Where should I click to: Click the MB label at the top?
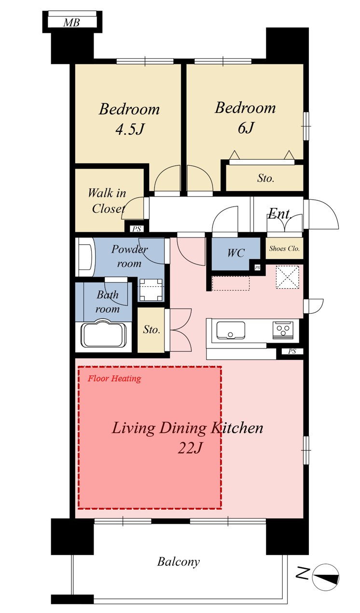point(71,22)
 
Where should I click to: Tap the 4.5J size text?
point(130,129)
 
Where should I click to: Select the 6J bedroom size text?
point(246,127)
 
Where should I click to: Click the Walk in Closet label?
point(107,201)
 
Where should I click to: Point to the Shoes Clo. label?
point(284,249)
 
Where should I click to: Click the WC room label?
point(236,253)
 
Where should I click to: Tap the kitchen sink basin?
point(231,330)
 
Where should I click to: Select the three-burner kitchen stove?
point(283,330)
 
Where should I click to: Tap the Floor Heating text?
point(114,378)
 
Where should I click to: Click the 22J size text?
point(190,448)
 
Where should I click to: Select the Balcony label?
point(179,562)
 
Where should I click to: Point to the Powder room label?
point(129,256)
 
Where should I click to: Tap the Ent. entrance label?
point(279,214)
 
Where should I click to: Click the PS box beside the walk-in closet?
point(137,229)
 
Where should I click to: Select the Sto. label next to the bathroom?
point(151,330)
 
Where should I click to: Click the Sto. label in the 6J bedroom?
point(265,179)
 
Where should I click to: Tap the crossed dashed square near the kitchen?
point(287,277)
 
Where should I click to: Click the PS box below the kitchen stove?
point(292,351)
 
